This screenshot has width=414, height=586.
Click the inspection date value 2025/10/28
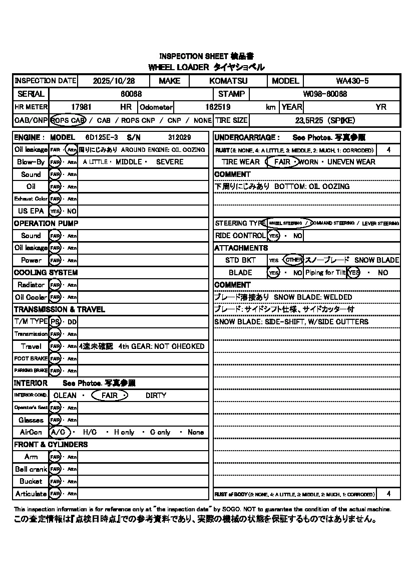(x=114, y=81)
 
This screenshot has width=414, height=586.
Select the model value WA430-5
(x=352, y=81)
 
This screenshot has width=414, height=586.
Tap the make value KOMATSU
(x=228, y=81)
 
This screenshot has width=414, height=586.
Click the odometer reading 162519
(x=218, y=107)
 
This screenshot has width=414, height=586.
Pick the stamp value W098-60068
(x=325, y=94)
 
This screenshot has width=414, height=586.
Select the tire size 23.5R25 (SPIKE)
(x=325, y=120)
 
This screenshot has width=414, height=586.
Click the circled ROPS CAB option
(x=69, y=120)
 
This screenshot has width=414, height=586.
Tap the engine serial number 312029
(x=179, y=137)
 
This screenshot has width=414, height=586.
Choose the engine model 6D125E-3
(x=102, y=137)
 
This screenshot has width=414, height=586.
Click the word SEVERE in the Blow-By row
(x=170, y=162)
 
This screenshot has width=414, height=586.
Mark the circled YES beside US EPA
(x=55, y=211)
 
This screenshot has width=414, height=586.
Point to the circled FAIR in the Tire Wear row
(x=282, y=162)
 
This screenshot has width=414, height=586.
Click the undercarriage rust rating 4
(x=388, y=150)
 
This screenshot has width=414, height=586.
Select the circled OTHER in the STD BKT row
(x=293, y=260)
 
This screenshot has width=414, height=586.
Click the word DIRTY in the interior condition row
(x=156, y=396)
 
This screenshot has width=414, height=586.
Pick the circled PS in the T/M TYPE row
(x=55, y=322)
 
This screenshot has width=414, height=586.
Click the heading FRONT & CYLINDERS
(x=51, y=445)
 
